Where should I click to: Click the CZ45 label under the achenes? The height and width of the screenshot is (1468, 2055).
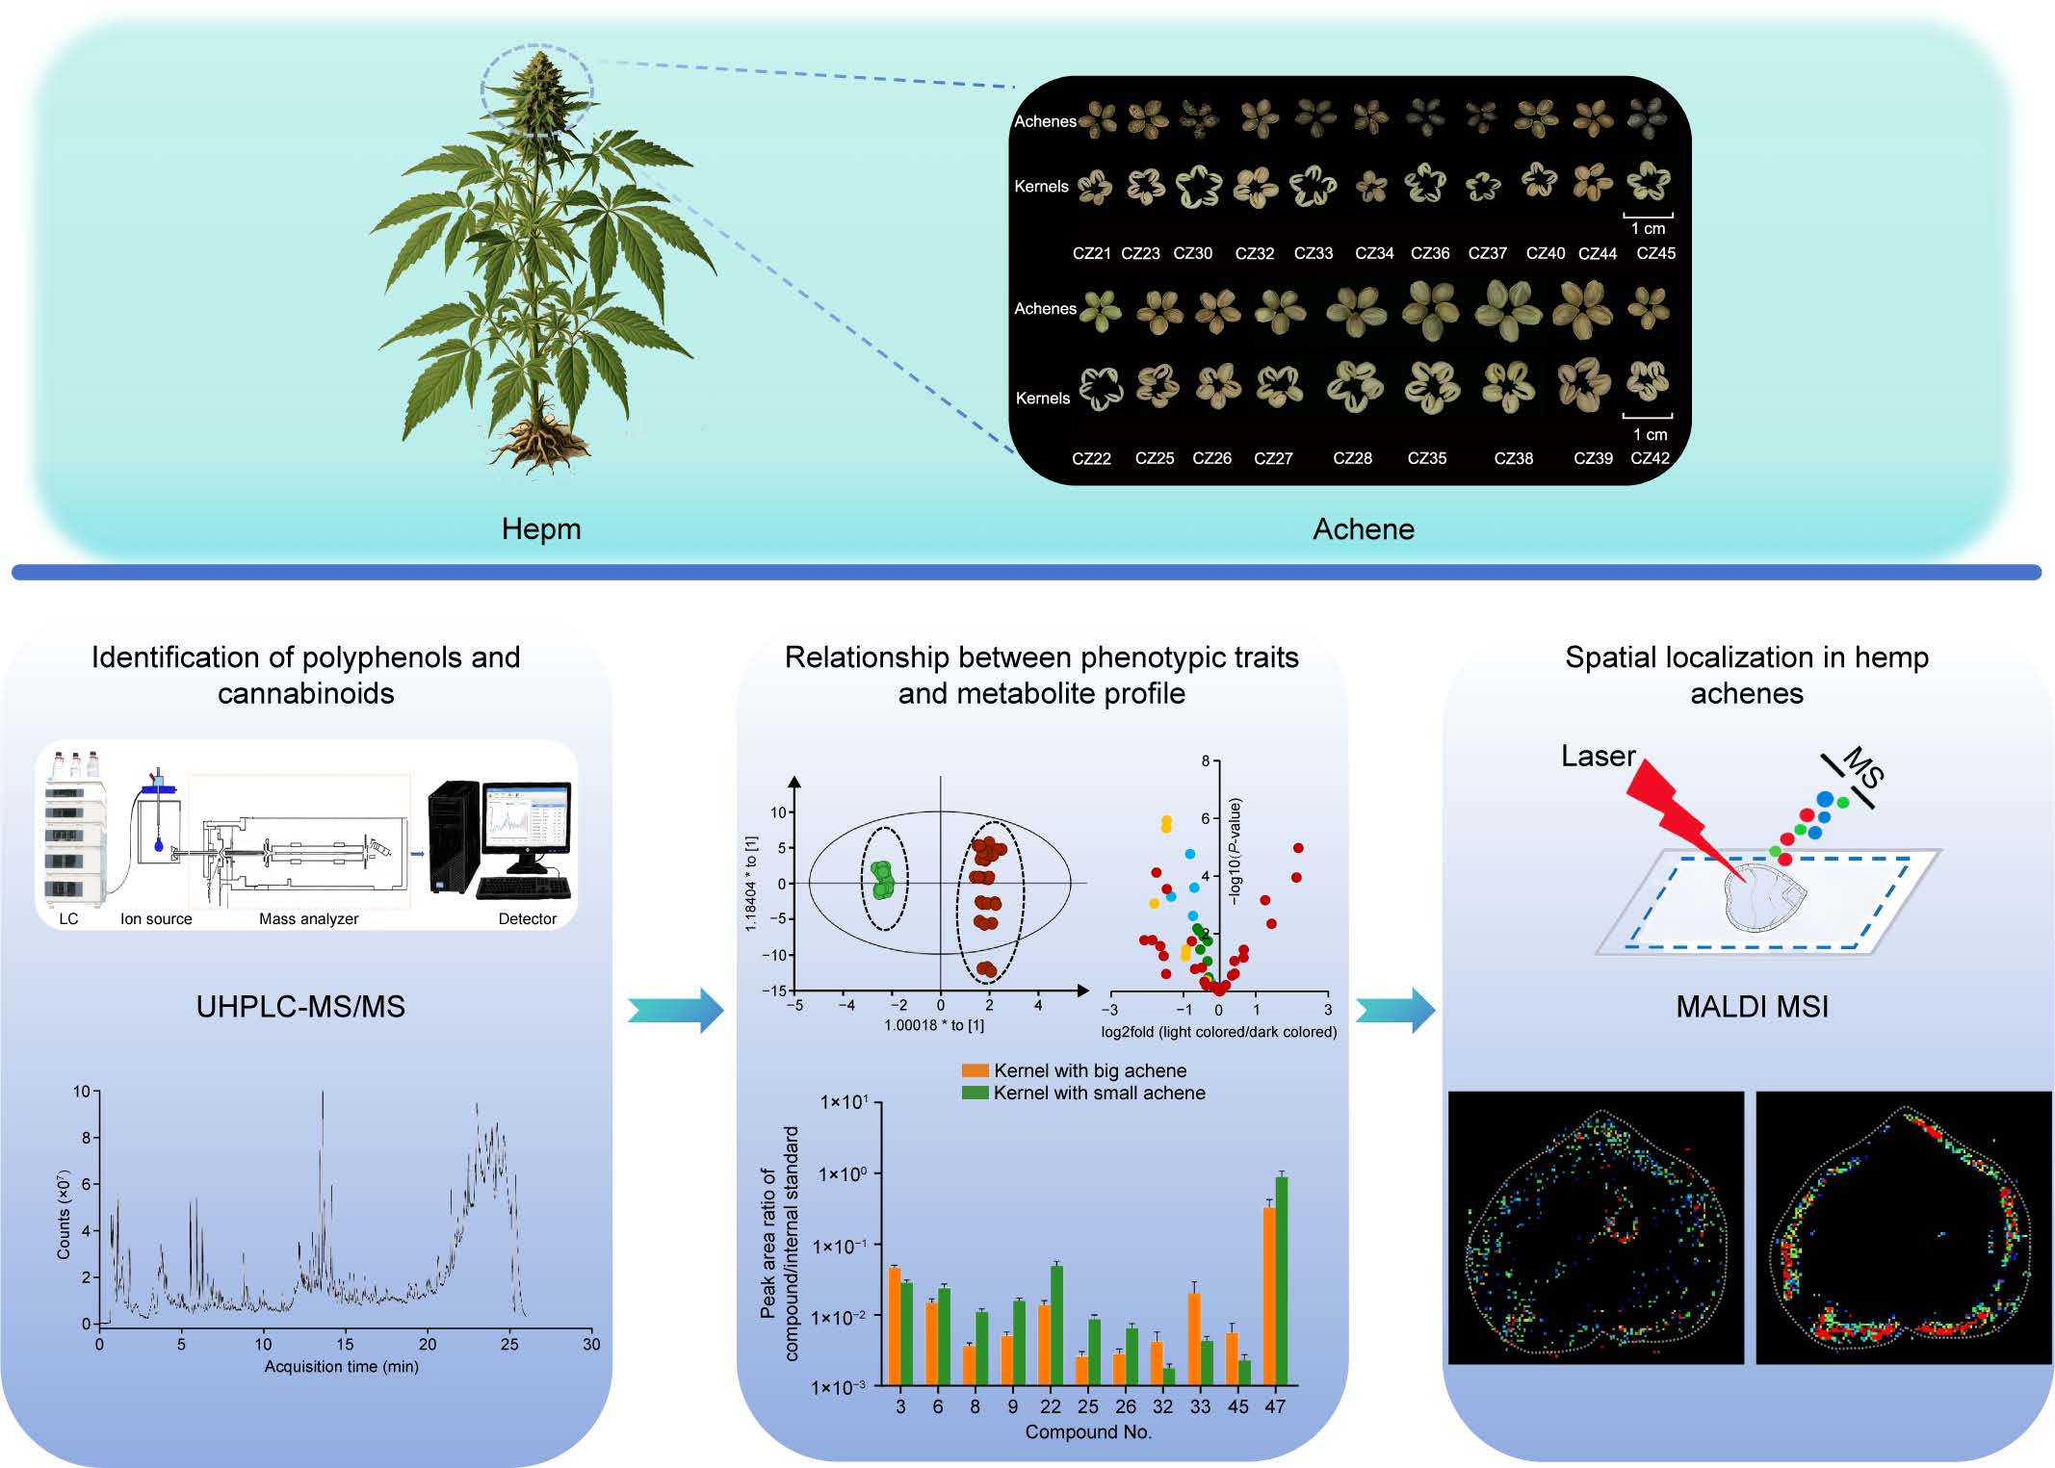click(x=1655, y=253)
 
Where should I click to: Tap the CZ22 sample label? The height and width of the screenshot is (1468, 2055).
click(x=1091, y=458)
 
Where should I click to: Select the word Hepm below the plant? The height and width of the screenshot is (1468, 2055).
click(x=541, y=528)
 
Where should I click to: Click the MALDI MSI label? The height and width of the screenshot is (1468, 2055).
click(x=1752, y=1007)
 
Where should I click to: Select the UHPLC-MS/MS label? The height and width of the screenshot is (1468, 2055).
click(x=300, y=1007)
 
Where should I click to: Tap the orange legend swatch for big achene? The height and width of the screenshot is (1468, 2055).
click(x=975, y=1070)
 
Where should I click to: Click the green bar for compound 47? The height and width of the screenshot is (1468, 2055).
click(x=1282, y=1280)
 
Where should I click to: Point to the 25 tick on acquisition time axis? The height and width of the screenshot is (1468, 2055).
click(x=509, y=1344)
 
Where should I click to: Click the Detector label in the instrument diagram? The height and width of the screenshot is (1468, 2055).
click(x=527, y=918)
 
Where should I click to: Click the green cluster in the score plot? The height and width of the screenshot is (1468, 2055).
click(x=882, y=880)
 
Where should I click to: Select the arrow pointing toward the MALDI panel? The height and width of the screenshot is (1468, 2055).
click(x=1395, y=1010)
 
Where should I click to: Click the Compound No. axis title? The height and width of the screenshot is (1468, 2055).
click(x=1087, y=1432)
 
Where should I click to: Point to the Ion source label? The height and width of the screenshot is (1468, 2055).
click(x=156, y=918)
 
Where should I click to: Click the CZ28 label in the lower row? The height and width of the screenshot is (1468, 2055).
click(x=1352, y=458)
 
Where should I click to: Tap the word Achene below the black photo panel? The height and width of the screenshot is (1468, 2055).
click(x=1363, y=528)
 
